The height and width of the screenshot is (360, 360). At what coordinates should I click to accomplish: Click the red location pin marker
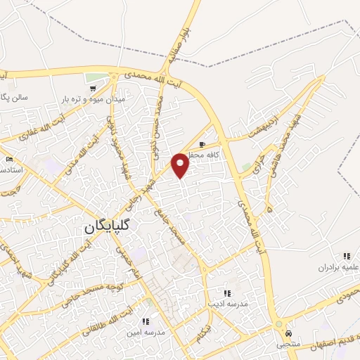(x=181, y=165)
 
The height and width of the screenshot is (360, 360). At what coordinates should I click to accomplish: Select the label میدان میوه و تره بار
(x=91, y=100)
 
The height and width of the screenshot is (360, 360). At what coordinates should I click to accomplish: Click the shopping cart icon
(x=92, y=89)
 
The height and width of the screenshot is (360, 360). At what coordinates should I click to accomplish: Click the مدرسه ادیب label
(x=226, y=304)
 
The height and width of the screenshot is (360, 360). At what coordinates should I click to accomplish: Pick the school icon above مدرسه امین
(x=146, y=321)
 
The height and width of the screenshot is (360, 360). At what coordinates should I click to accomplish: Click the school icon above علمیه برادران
(x=346, y=256)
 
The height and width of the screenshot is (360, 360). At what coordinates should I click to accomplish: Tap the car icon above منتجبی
(x=289, y=333)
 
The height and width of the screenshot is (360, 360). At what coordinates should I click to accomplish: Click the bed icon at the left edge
(x=8, y=160)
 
